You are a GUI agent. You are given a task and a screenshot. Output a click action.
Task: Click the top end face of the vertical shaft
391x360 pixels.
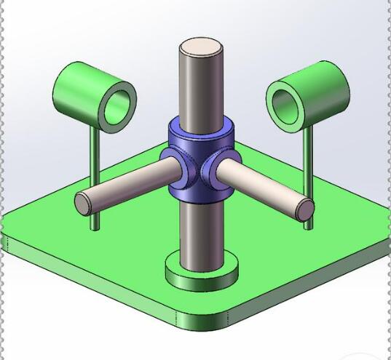pyautogui.click(x=201, y=49)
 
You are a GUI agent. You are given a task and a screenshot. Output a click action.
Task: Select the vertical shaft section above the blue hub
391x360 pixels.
pyautogui.click(x=201, y=87)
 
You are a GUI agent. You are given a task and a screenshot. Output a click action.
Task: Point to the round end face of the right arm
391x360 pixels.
pyautogui.click(x=305, y=209)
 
